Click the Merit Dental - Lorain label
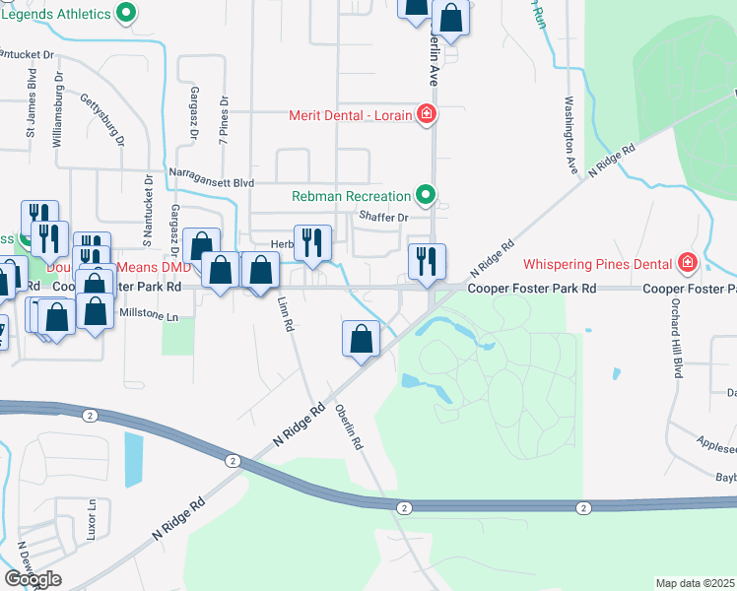click(x=351, y=115)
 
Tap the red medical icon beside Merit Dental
click(x=427, y=115)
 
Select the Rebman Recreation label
click(x=351, y=196)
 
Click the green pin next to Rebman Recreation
click(x=426, y=196)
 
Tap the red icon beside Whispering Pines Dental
click(x=687, y=264)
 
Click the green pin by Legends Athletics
click(x=126, y=14)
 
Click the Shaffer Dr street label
click(x=383, y=217)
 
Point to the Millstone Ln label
click(x=148, y=317)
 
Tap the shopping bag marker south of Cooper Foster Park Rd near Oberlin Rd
click(x=362, y=339)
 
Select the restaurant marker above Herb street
click(x=312, y=242)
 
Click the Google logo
click(x=32, y=578)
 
